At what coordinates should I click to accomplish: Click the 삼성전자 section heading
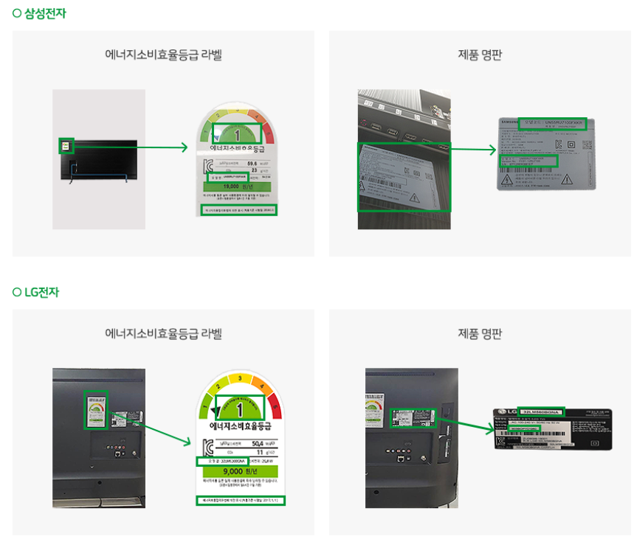point(44,13)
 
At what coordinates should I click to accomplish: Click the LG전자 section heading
point(41,292)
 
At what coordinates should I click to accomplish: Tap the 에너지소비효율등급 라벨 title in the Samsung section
point(163,55)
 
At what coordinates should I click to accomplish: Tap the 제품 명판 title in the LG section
point(480,333)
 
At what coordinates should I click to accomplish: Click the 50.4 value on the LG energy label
point(258,443)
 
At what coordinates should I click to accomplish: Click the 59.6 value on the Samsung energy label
point(252,164)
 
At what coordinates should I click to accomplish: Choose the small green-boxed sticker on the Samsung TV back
point(66,146)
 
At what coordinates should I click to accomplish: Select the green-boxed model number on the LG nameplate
point(541,411)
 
